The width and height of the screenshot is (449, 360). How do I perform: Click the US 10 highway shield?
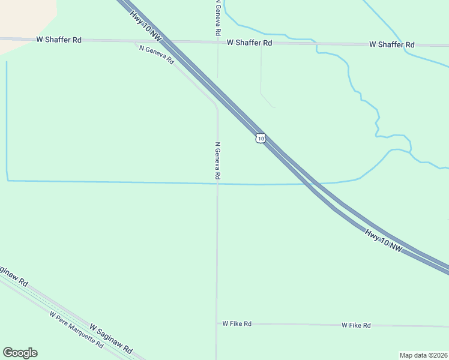(x=260, y=138)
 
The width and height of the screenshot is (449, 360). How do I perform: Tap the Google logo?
(x=20, y=353)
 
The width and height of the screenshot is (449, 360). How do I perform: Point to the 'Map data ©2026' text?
(x=424, y=355)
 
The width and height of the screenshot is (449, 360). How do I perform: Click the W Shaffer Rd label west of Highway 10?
(x=59, y=40)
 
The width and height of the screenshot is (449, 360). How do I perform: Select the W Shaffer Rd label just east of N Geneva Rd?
(x=250, y=43)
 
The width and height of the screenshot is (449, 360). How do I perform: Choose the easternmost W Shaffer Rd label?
(x=392, y=44)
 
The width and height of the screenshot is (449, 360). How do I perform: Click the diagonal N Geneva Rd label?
(x=156, y=55)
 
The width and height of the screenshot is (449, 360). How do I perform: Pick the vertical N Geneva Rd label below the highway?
(x=218, y=160)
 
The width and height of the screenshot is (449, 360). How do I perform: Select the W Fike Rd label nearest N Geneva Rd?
(x=237, y=323)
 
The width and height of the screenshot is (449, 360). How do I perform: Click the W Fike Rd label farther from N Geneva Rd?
(x=356, y=325)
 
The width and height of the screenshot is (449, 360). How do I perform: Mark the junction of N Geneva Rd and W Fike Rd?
(x=217, y=323)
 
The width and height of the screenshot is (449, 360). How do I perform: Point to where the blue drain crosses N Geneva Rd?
(x=217, y=184)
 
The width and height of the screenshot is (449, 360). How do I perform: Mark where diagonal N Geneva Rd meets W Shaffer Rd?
(x=136, y=41)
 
